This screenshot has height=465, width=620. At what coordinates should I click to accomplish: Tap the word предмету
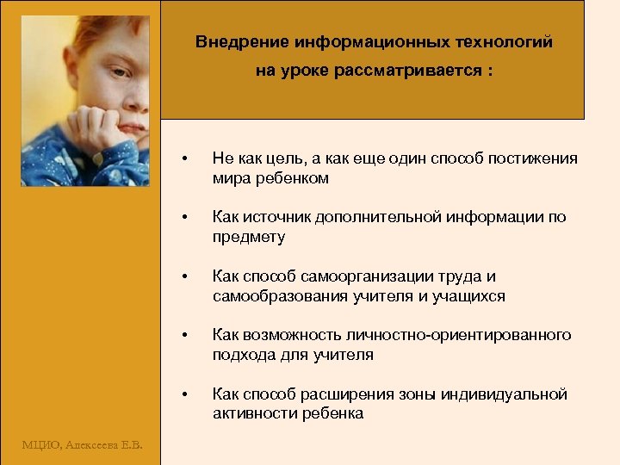249,237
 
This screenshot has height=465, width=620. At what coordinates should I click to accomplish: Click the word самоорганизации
374,276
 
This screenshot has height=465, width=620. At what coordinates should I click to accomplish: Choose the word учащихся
469,296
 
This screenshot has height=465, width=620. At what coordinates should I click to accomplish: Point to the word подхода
242,354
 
